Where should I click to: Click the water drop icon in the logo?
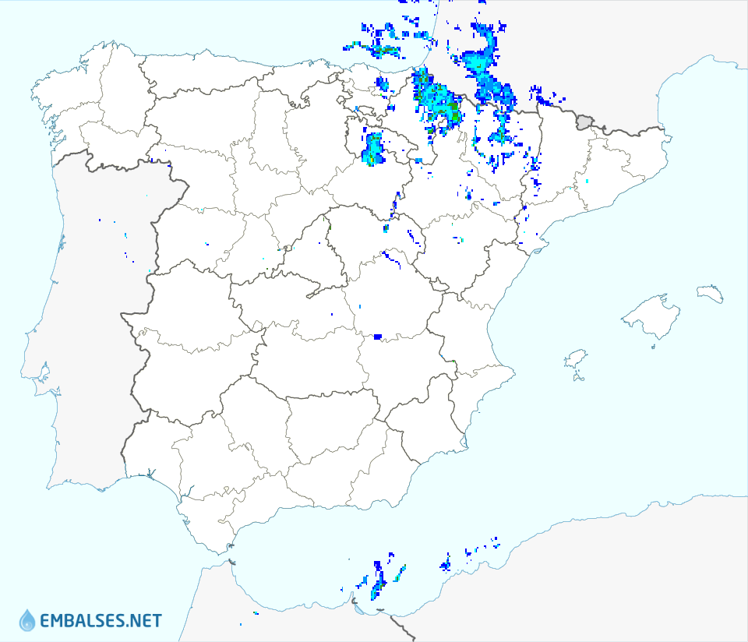point(27,620)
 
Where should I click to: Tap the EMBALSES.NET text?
point(101,621)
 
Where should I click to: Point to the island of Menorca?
point(711,294)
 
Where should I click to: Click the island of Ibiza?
point(575,359)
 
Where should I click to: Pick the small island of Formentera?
point(578,378)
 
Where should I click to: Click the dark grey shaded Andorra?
point(584,122)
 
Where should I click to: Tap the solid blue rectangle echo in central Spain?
point(378,337)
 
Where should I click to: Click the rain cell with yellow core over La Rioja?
point(374,148)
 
